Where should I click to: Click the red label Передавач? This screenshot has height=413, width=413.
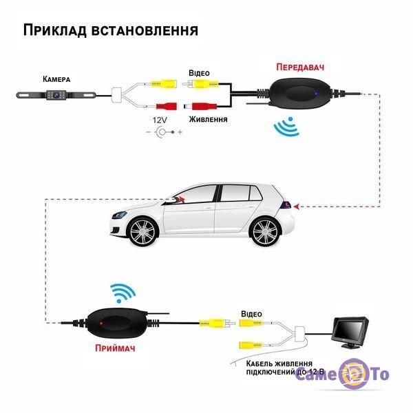click(x=300, y=67)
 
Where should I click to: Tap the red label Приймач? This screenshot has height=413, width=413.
click(x=115, y=348)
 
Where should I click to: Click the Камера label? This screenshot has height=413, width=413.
click(x=56, y=79)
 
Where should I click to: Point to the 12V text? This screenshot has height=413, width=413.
click(x=160, y=120)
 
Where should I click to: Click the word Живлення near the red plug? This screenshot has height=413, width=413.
click(x=208, y=119)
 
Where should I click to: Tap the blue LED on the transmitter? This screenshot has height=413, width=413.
click(x=316, y=93)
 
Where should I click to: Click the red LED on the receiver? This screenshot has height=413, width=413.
click(x=100, y=323)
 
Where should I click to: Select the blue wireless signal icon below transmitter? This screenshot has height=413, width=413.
click(x=287, y=127)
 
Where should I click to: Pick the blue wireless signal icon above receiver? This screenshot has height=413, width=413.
click(x=123, y=293)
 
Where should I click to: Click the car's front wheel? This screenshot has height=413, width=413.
click(x=142, y=232)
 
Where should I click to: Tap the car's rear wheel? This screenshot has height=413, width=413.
click(x=265, y=232)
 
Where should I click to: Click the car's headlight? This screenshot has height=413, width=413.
click(x=119, y=214)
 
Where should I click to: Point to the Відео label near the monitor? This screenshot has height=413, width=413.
click(x=251, y=314)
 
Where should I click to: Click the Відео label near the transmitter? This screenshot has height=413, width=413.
click(x=199, y=73)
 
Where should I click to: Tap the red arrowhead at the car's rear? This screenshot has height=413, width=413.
click(x=296, y=206)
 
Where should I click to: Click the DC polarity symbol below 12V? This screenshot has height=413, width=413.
click(x=164, y=131)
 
